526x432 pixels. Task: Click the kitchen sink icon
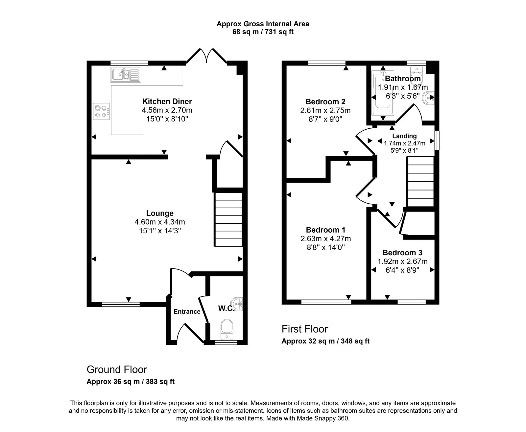point(126,74)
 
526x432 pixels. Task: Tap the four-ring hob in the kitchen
point(102,111)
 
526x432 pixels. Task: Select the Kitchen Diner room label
point(167,101)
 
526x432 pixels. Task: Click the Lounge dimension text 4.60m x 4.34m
point(160,222)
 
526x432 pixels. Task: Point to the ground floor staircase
point(228,219)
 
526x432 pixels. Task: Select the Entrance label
point(187,312)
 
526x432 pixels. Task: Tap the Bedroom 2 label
point(325,101)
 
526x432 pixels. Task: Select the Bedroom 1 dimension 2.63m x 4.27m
point(325,239)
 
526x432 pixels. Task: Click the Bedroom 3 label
point(402,253)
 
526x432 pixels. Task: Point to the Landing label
point(404,136)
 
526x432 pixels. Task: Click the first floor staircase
point(420,182)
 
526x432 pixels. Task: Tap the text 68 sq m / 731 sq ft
point(263,32)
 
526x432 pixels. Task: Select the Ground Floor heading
point(117,369)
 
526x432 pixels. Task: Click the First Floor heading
point(304,329)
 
